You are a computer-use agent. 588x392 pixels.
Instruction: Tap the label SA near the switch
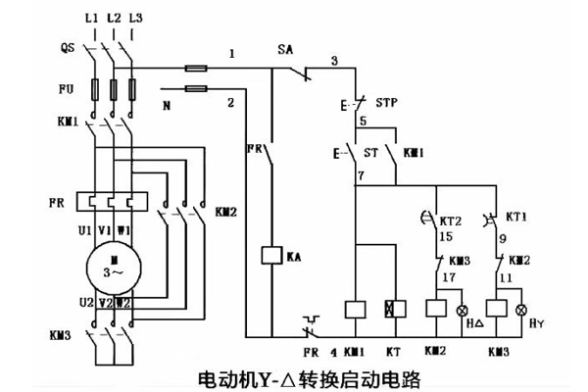coord(285,48)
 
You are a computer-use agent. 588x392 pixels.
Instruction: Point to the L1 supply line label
coord(92,20)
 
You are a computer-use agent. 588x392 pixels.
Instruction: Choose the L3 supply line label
coord(135,20)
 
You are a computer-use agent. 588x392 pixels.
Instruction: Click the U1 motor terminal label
coord(86,229)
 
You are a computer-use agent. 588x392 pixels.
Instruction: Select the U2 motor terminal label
coord(85,303)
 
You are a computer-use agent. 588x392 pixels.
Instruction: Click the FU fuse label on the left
coord(67,88)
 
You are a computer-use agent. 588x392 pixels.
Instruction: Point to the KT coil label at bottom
coord(394,349)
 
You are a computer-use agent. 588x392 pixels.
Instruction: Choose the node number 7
coord(362,175)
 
